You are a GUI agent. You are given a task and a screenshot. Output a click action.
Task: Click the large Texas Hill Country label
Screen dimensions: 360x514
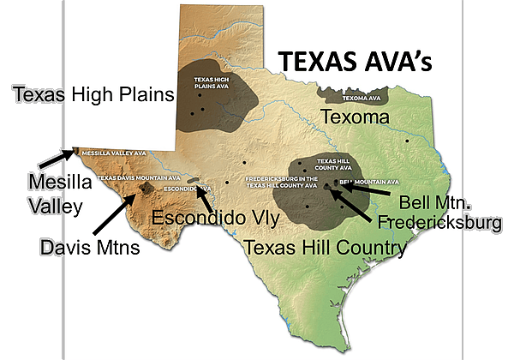pyautogui.click(x=325, y=249)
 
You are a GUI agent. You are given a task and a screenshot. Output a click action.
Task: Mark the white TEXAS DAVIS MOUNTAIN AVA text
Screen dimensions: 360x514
pyautogui.click(x=128, y=177)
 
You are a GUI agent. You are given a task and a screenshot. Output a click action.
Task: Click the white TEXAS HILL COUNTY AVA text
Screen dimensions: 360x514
pyautogui.click(x=332, y=163)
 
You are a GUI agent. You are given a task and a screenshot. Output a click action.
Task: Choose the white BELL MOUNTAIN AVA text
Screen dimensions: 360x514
pyautogui.click(x=369, y=182)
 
